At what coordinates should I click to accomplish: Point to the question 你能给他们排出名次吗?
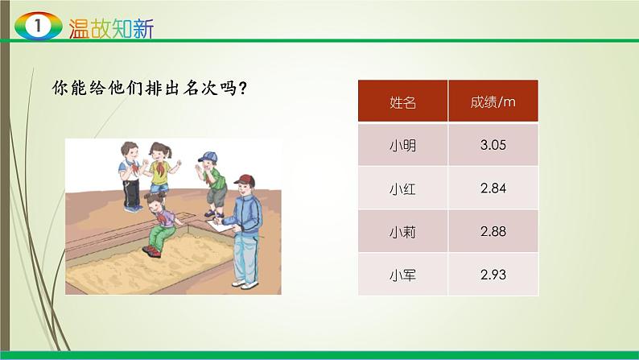(x=149, y=88)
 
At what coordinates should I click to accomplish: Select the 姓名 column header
(x=402, y=101)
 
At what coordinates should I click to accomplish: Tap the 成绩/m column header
(x=493, y=101)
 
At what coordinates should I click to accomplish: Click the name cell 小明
(x=402, y=146)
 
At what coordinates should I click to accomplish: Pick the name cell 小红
(x=402, y=188)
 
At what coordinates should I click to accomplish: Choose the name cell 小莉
(x=402, y=231)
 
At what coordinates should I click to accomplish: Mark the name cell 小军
(x=402, y=275)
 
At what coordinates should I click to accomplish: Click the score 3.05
(x=493, y=146)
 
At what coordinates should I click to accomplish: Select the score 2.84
(x=493, y=188)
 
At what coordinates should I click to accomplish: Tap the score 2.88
(x=493, y=231)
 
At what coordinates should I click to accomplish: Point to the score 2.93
(x=493, y=275)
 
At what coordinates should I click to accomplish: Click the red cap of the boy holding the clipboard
(x=245, y=180)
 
